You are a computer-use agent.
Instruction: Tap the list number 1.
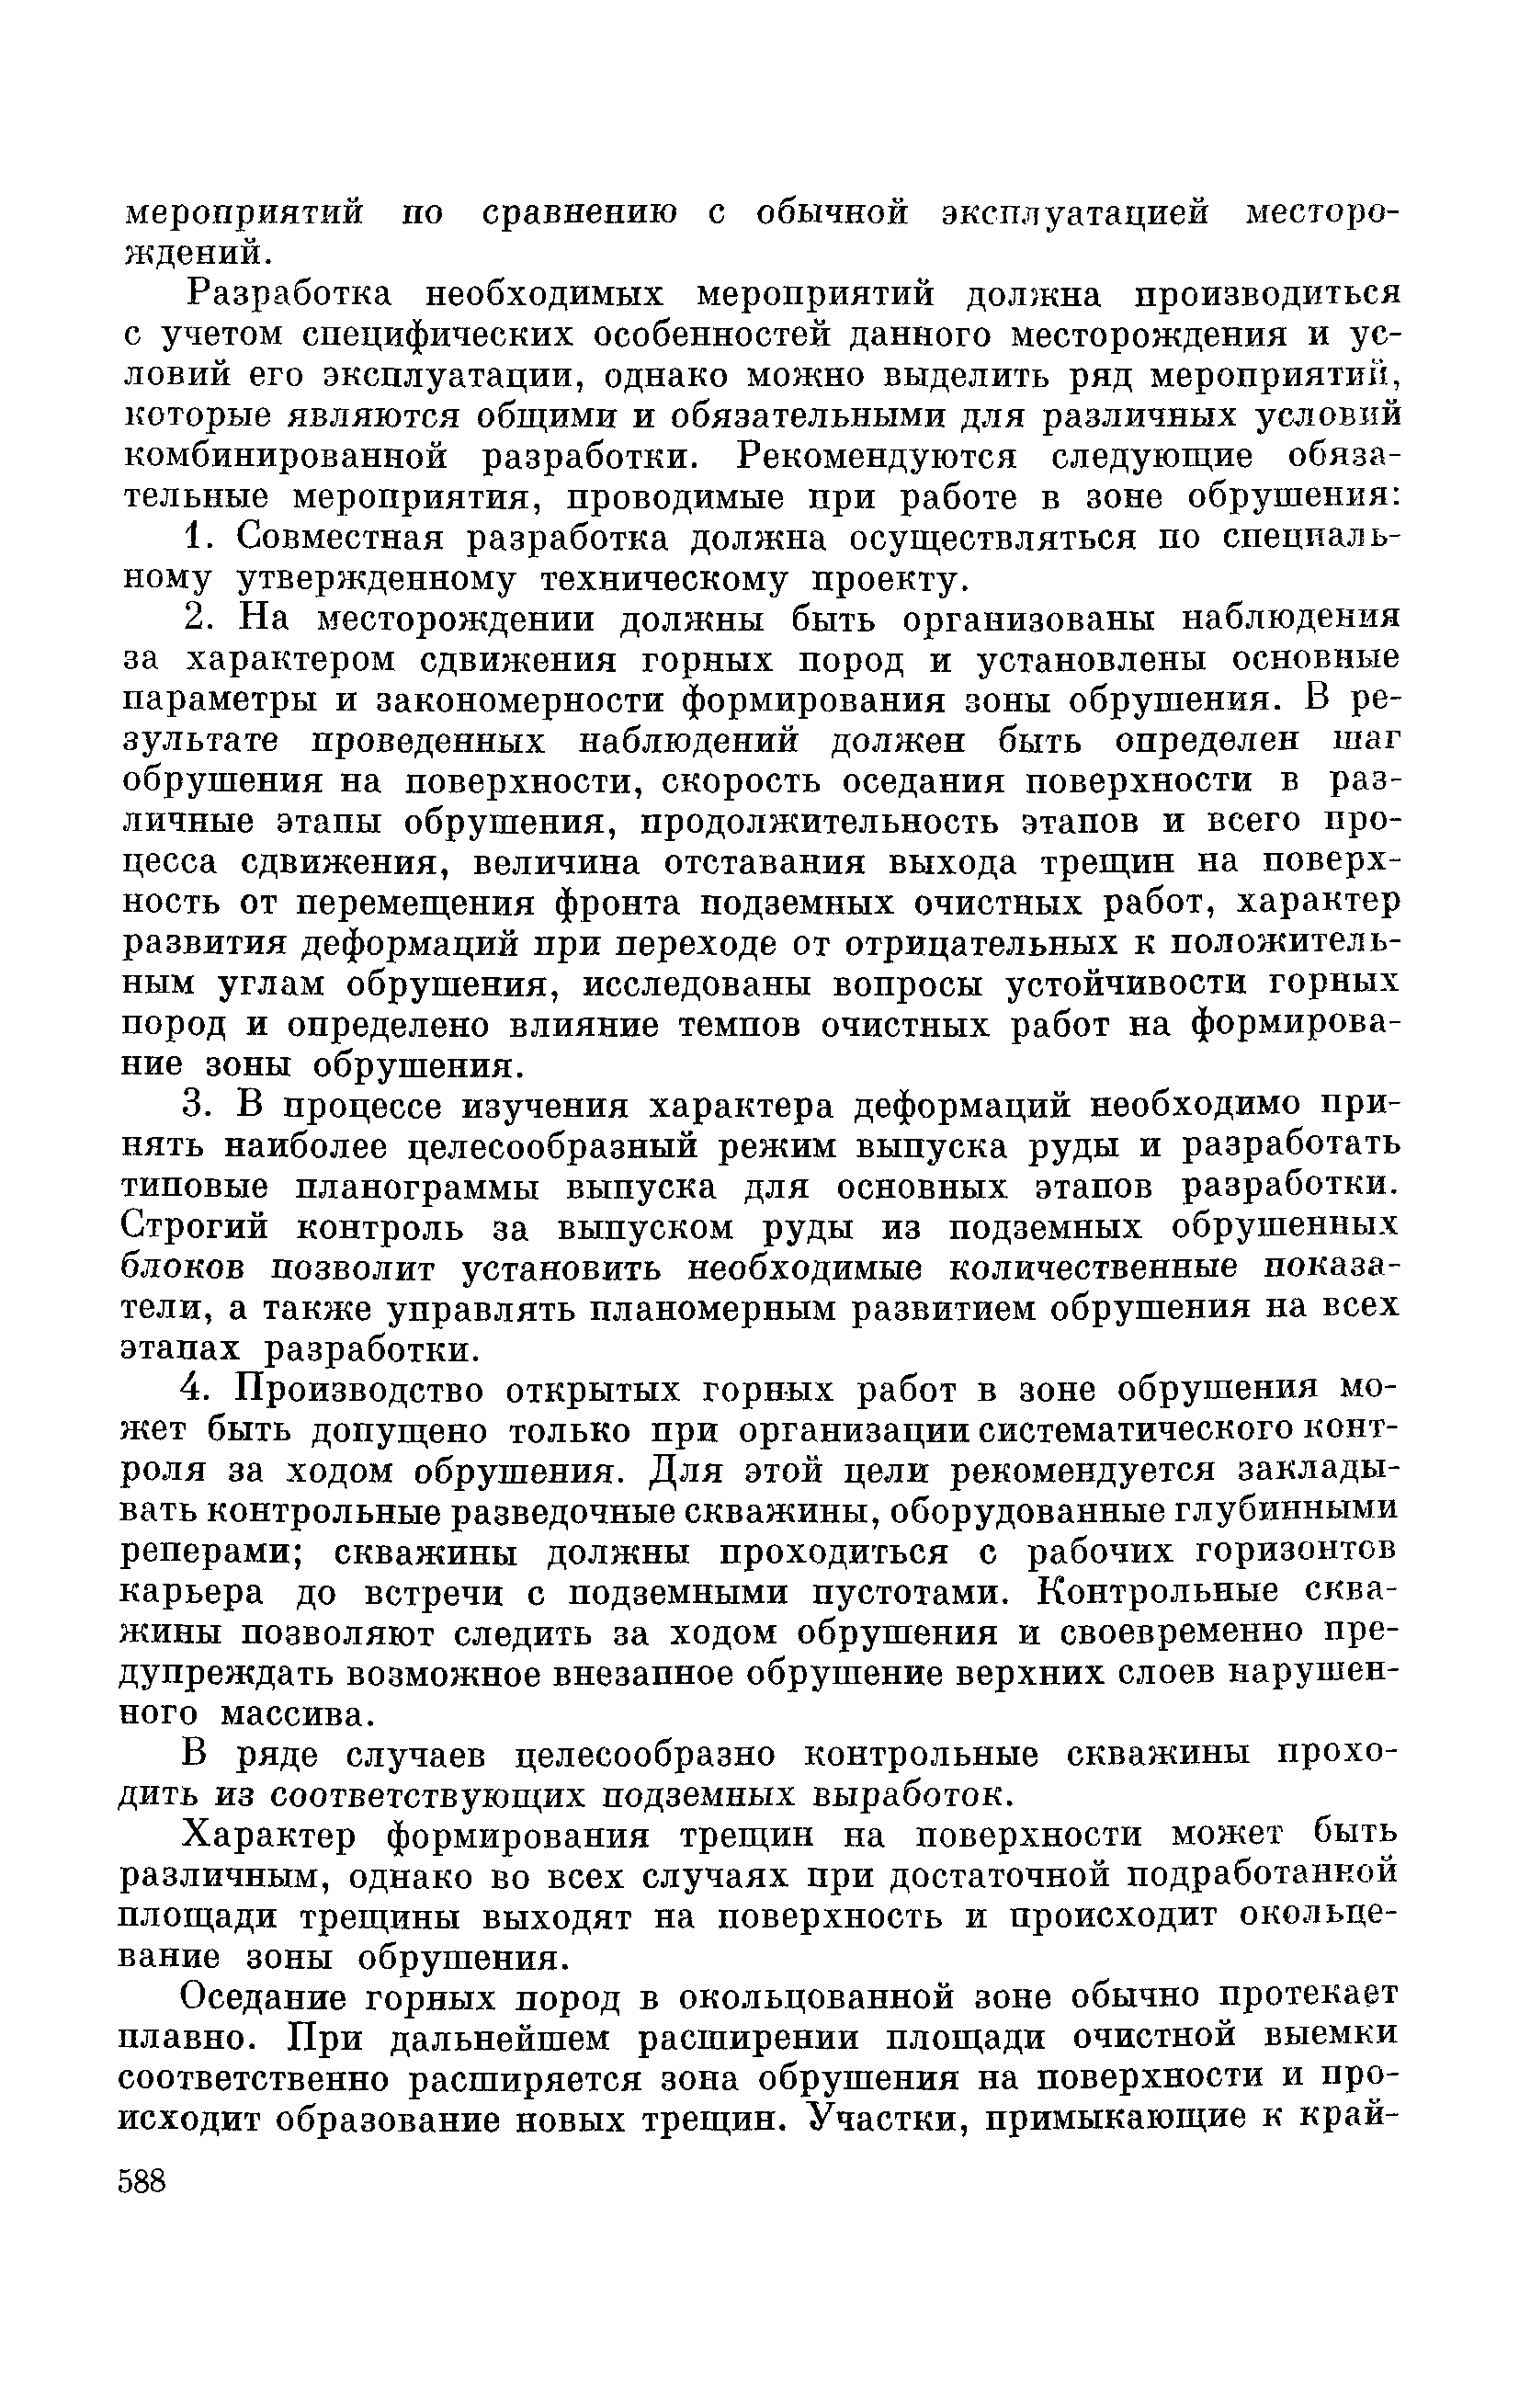pos(196,539)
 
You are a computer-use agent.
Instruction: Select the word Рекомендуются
pos(879,457)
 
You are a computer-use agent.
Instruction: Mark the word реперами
pos(211,1553)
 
